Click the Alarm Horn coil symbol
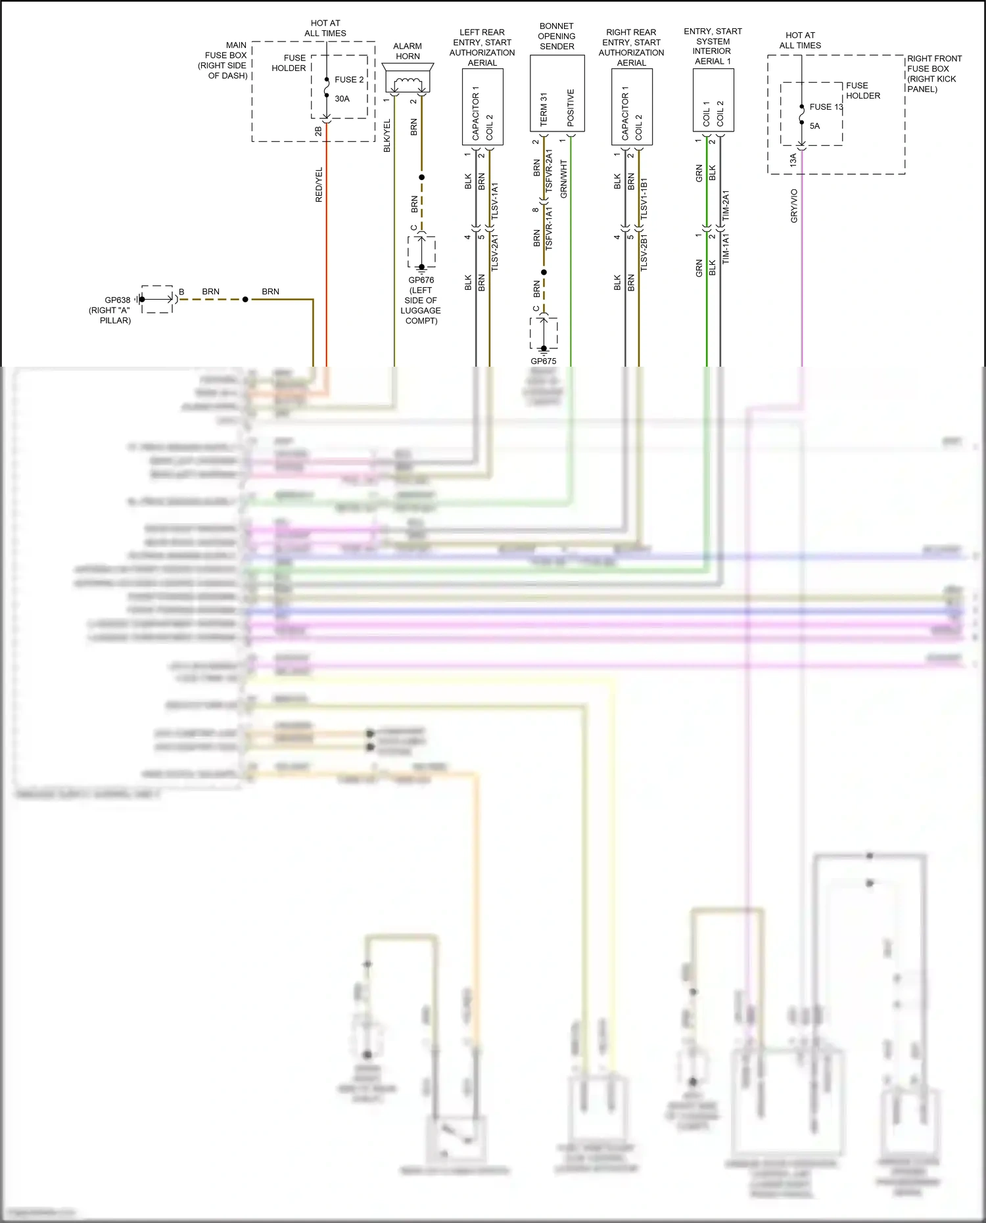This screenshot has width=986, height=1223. [408, 83]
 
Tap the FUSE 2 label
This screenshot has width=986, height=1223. [349, 80]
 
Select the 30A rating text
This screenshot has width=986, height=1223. [342, 99]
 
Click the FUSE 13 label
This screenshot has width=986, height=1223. [826, 107]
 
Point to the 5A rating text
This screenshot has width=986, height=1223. [814, 126]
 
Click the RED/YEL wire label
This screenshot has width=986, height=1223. [319, 185]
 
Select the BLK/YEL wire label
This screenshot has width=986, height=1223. [387, 136]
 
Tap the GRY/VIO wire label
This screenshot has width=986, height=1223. [794, 206]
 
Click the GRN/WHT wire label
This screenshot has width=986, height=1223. [564, 179]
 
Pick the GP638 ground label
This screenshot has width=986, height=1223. [118, 300]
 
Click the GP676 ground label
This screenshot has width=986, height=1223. [421, 280]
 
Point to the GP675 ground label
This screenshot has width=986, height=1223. [544, 361]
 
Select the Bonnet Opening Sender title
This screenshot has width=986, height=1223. [557, 36]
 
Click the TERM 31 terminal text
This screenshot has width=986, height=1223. [544, 110]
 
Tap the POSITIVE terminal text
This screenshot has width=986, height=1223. [571, 108]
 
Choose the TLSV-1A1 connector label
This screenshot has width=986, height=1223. [495, 201]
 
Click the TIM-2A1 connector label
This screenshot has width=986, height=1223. [726, 206]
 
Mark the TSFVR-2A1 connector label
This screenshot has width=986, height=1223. [550, 173]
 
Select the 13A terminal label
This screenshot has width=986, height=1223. [793, 160]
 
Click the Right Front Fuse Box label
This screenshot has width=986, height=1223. [933, 74]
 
